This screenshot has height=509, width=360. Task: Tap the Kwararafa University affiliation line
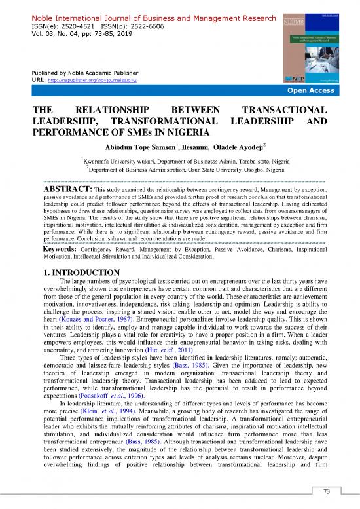[x=183, y=159]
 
